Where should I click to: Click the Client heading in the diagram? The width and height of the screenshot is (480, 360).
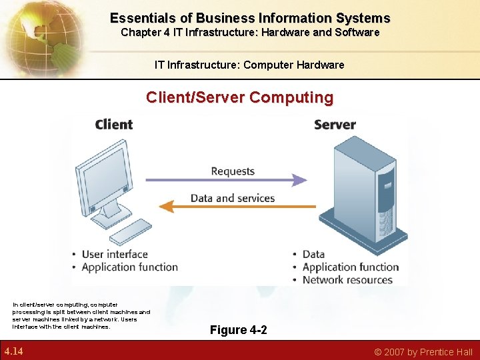coord(113,125)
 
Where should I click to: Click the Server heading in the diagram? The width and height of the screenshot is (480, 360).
coord(335,125)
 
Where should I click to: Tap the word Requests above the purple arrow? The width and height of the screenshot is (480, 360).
coord(233,171)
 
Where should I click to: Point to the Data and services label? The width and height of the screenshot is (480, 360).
coord(233,198)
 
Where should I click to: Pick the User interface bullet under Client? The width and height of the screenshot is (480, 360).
coord(114,254)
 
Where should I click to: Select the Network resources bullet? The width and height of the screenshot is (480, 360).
coord(347,280)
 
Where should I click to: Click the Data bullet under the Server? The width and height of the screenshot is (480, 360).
coord(313,254)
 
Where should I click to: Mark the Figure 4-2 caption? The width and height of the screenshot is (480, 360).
coord(239,330)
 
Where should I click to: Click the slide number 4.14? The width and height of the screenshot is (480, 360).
coord(14,351)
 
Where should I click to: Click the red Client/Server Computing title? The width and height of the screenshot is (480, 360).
coord(240,97)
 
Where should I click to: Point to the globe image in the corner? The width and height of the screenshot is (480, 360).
coord(33,33)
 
